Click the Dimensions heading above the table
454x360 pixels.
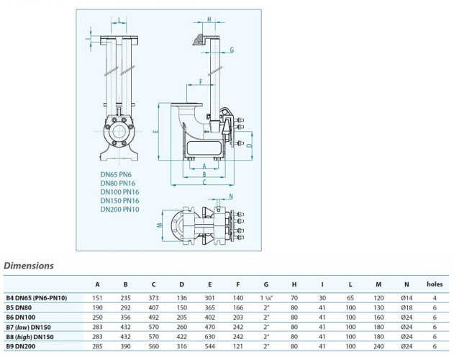click(29, 265)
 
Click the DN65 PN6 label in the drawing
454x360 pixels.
click(118, 174)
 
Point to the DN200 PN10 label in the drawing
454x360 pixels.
click(120, 209)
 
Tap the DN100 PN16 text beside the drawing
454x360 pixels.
click(120, 192)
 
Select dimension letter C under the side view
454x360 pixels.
click(205, 183)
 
